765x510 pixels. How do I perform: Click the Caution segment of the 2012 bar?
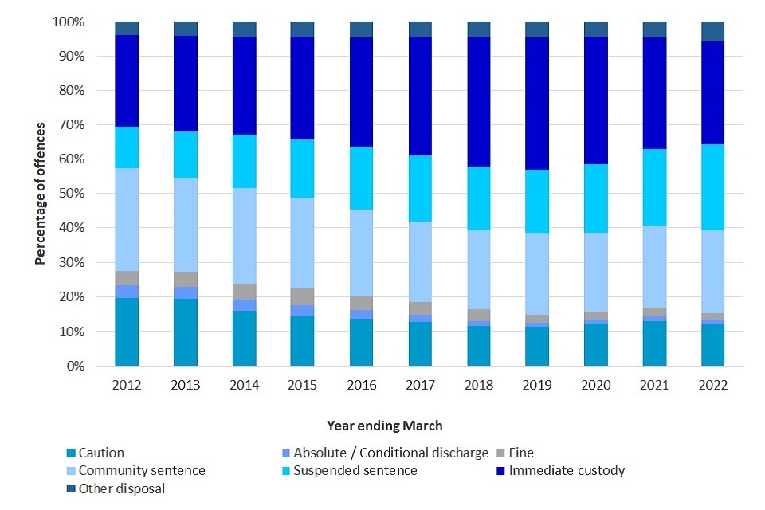coord(127,331)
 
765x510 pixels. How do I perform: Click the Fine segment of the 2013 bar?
coord(186,279)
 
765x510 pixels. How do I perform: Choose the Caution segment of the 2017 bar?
coord(421,343)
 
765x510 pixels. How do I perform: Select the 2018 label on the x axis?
coord(479,385)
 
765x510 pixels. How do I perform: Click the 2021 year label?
coord(655,385)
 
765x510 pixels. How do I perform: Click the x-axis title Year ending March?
coord(385,426)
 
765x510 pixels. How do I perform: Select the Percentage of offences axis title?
coord(40,194)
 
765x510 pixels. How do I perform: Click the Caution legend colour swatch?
coord(69,453)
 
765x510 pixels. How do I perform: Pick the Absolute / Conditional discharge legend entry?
coord(390,453)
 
